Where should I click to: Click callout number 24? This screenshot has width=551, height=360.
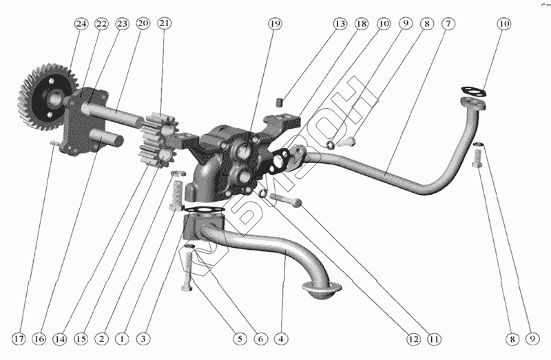(82, 23)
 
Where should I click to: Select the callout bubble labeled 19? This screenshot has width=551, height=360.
(275, 23)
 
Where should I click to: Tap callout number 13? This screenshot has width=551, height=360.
(340, 23)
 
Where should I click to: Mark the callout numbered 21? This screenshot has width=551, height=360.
(163, 23)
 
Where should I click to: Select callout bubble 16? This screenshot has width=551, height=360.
(41, 339)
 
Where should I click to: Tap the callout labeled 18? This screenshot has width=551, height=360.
(362, 23)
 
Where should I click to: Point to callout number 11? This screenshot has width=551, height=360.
(434, 339)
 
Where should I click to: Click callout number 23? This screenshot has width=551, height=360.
(123, 23)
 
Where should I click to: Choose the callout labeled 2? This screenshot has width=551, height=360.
(101, 339)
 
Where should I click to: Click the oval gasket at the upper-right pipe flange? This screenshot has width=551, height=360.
(471, 90)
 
